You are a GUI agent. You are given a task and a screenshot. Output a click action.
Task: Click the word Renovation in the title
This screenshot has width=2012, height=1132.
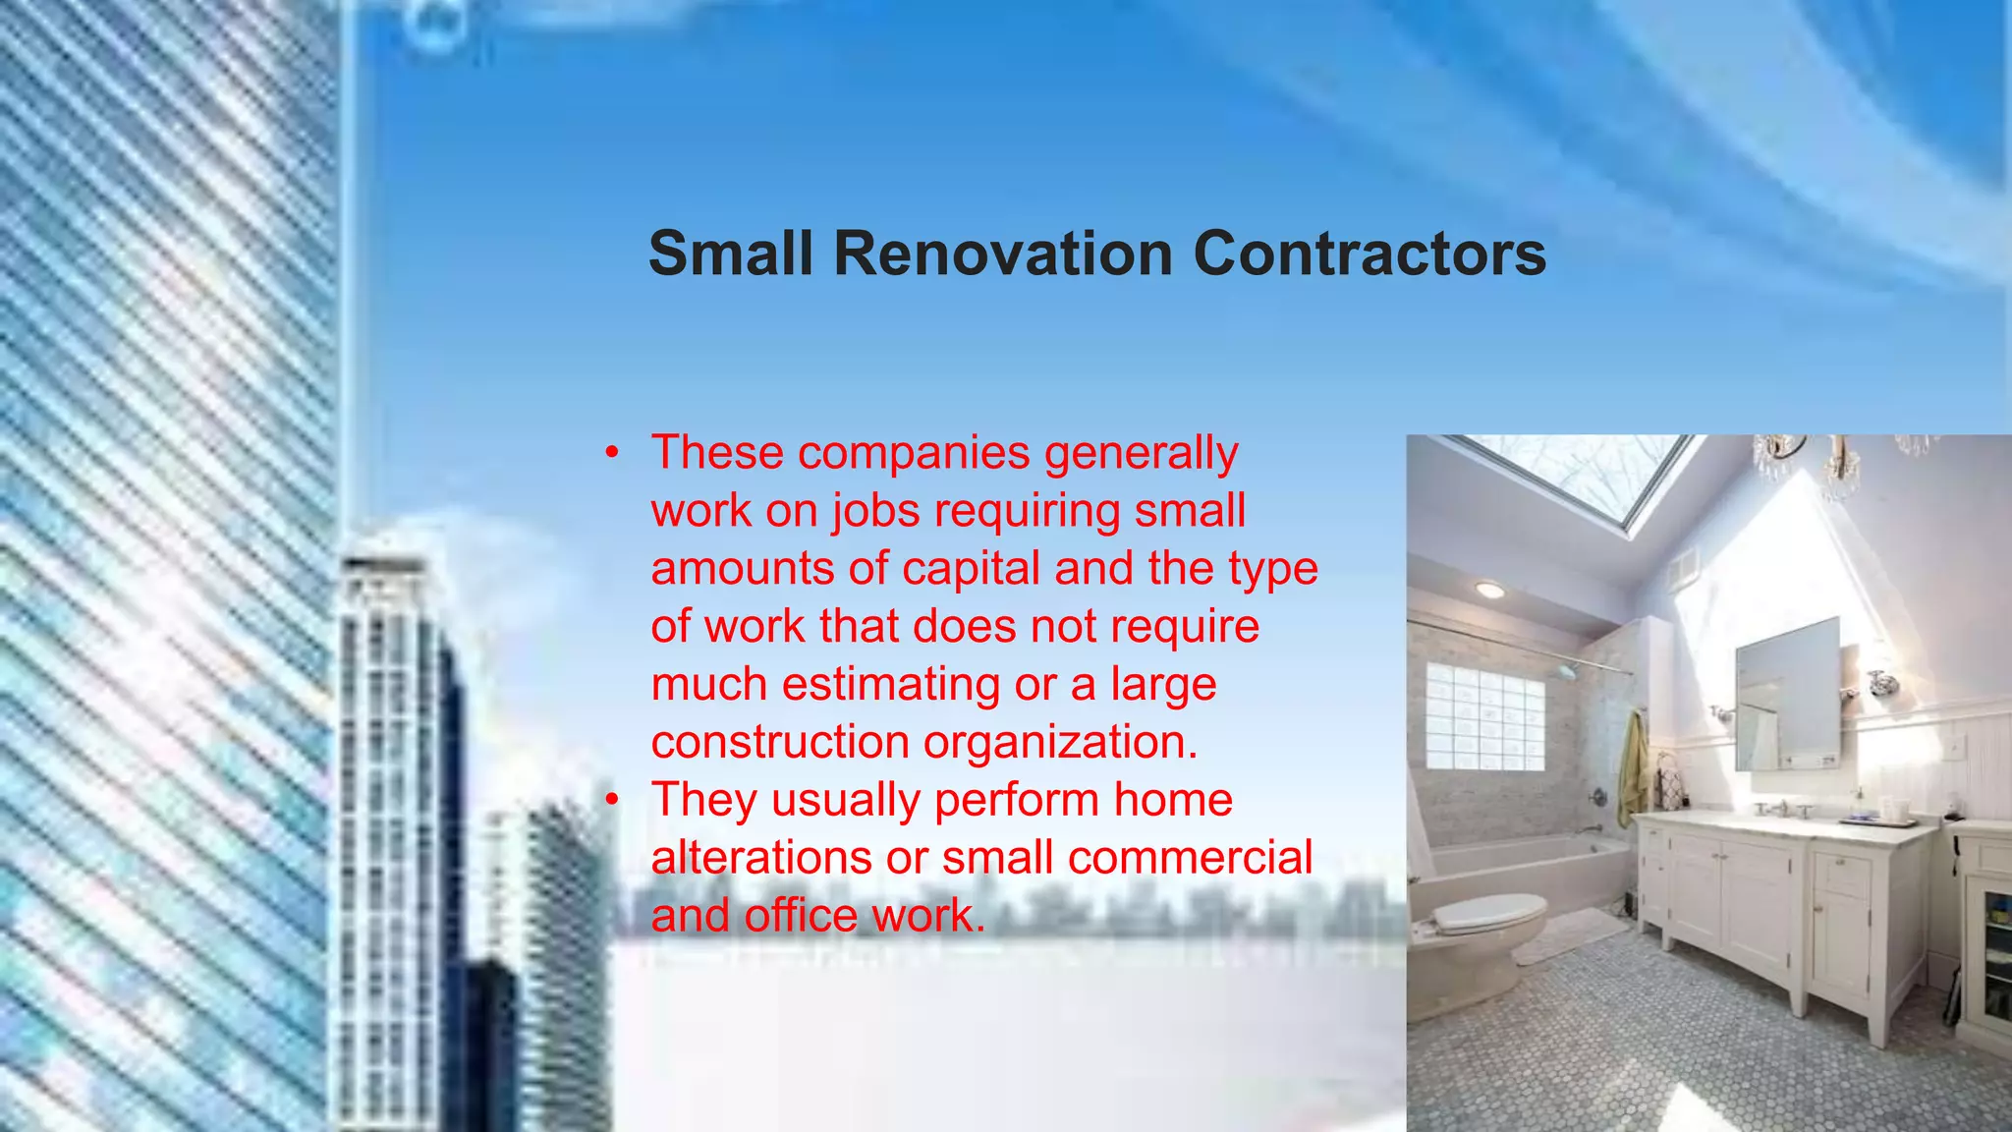coord(1003,254)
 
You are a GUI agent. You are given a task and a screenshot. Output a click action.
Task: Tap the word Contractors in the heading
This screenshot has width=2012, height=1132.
coord(1369,254)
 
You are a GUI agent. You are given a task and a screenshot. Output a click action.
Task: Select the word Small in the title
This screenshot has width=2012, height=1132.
coord(731,254)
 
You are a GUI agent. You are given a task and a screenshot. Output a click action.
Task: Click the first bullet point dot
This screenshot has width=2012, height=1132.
coord(612,453)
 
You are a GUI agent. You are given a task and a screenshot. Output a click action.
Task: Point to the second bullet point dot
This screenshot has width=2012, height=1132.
coord(612,800)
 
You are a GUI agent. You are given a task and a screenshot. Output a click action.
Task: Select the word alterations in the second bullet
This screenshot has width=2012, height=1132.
coord(761,858)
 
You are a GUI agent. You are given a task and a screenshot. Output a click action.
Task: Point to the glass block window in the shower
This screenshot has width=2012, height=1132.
coord(1484,715)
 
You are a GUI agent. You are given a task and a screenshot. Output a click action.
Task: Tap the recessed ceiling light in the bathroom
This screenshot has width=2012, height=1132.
coord(1489,591)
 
